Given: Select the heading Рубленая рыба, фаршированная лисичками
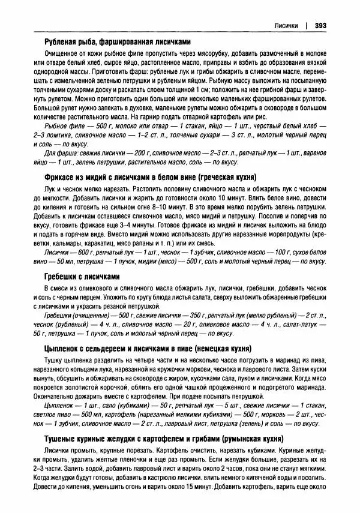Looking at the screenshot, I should (x=118, y=41).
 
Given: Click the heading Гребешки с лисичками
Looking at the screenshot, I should (x=83, y=277).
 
